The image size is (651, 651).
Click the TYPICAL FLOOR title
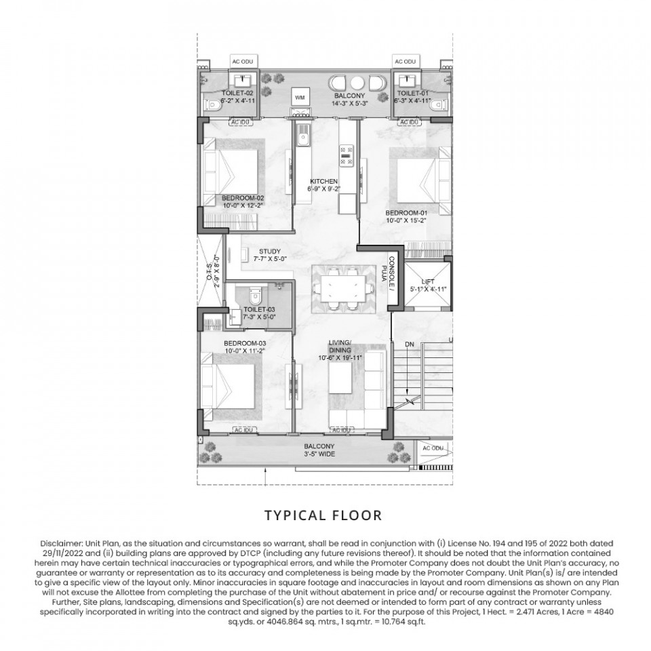(x=323, y=515)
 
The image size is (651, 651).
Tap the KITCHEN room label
(x=324, y=182)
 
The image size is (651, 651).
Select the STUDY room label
(x=270, y=251)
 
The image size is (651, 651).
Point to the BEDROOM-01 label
(x=406, y=213)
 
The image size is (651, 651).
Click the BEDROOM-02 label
(x=243, y=198)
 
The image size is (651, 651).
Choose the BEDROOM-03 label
(x=245, y=343)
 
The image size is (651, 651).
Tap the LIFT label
(x=428, y=281)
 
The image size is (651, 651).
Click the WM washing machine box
(x=300, y=97)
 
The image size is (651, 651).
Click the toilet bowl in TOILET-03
(x=255, y=295)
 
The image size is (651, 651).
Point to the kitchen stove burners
(x=347, y=155)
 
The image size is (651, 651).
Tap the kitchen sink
(x=302, y=136)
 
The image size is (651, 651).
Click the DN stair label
(x=410, y=344)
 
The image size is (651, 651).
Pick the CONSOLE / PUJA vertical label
(x=391, y=273)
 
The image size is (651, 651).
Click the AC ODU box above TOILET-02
(x=243, y=62)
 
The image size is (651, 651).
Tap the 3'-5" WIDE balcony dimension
(x=319, y=454)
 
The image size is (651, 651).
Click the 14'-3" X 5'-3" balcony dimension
(x=349, y=103)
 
